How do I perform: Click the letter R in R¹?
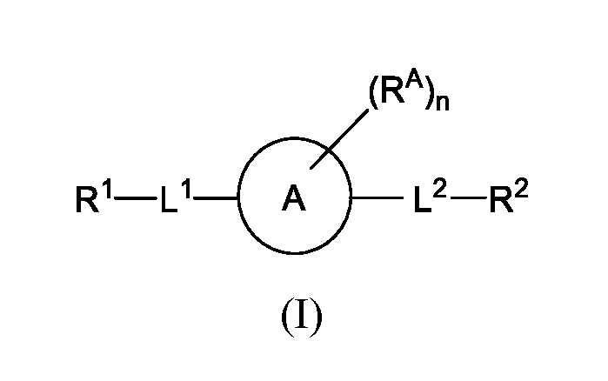(87, 199)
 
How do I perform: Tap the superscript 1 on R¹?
(107, 190)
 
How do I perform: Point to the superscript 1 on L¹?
(186, 190)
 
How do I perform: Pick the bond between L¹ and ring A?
(216, 198)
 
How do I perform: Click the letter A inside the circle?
(294, 197)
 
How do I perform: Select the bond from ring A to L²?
(377, 197)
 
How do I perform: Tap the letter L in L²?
(423, 200)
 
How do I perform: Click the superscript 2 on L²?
(441, 191)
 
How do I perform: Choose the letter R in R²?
(502, 200)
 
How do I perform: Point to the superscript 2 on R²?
(522, 191)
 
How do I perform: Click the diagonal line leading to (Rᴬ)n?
(339, 139)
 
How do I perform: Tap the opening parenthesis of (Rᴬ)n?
(373, 96)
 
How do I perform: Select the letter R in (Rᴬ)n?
(391, 92)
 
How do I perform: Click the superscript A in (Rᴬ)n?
(411, 82)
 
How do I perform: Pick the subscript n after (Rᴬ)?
(443, 104)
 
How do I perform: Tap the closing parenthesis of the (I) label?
(317, 317)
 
